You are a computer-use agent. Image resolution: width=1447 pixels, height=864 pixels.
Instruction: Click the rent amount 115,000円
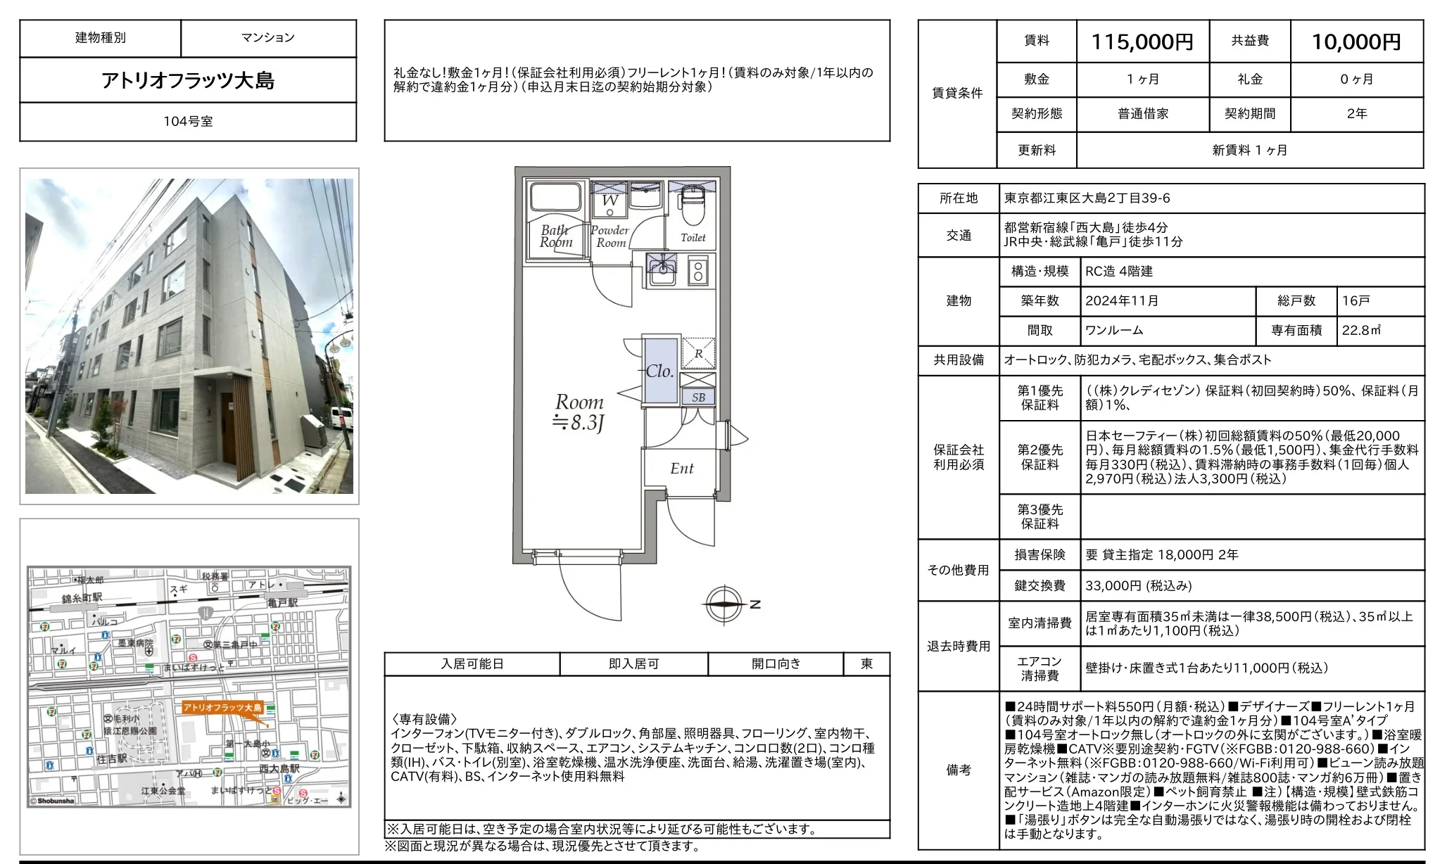pos(1142,42)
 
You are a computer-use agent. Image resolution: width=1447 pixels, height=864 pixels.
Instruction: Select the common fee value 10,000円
pos(1356,42)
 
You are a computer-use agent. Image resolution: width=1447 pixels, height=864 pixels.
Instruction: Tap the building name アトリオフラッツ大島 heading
pos(188,80)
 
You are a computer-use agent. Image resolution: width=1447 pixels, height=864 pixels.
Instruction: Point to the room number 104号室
pos(188,122)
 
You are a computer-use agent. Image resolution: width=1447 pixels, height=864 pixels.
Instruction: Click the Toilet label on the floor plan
pos(693,238)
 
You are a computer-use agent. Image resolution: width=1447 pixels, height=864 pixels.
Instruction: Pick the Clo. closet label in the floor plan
pos(659,371)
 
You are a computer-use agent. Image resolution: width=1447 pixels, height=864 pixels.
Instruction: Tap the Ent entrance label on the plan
pos(681,469)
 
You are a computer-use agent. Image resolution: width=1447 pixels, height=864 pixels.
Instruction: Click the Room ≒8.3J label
pos(579,412)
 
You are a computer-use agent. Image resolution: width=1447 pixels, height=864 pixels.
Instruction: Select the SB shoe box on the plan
pos(698,398)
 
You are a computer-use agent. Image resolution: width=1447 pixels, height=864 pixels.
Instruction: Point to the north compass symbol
pos(725,604)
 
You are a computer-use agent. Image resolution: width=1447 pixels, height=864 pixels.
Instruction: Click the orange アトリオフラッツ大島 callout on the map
pos(222,708)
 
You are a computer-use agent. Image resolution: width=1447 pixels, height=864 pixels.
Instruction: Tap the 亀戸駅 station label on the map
pos(283,603)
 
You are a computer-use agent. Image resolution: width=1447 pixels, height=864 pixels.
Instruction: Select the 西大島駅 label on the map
pos(279,769)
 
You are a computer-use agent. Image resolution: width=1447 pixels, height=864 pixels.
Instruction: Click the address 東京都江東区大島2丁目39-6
pos(1087,198)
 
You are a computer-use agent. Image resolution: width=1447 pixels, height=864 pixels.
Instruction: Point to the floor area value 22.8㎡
pos(1361,331)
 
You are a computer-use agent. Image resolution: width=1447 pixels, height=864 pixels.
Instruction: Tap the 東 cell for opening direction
pos(866,663)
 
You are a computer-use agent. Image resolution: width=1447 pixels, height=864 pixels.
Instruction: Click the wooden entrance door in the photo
pos(228,428)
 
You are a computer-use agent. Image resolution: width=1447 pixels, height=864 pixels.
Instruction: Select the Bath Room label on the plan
pos(556,236)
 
